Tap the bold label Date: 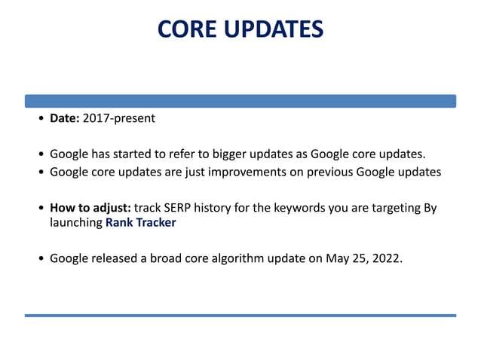coord(64,118)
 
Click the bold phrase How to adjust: coord(90,207)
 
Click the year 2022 coord(386,258)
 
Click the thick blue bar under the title coord(240,100)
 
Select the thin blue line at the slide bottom coord(240,315)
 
